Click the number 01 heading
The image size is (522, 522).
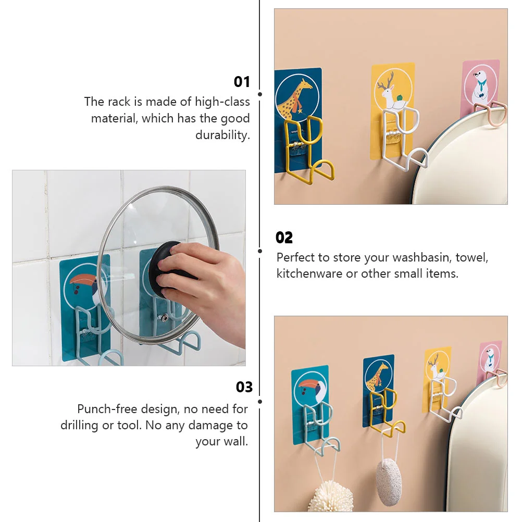(x=242, y=82)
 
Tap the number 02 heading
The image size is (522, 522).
(x=284, y=238)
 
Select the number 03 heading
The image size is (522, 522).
(x=244, y=387)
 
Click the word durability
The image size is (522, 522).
(x=222, y=135)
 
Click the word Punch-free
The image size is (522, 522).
(x=107, y=408)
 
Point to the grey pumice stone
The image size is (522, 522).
(x=388, y=477)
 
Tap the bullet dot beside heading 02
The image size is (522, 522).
(x=260, y=251)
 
